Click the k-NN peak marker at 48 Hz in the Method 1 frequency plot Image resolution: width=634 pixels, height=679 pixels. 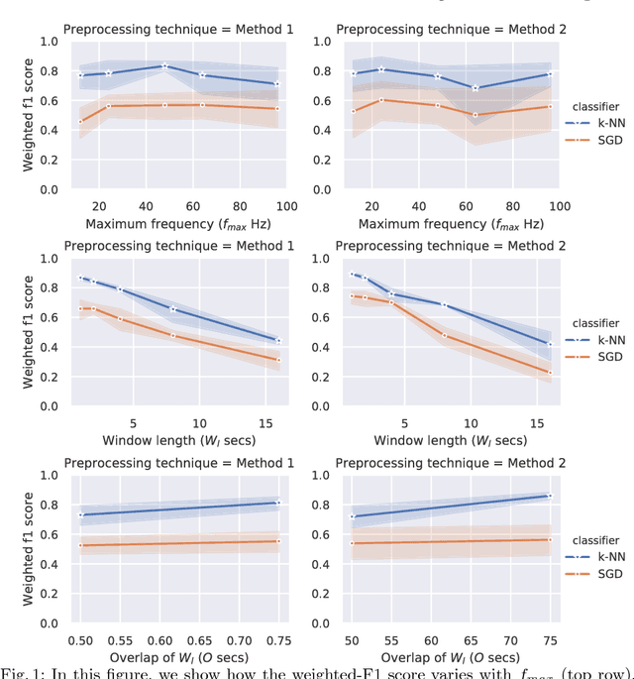coord(165,66)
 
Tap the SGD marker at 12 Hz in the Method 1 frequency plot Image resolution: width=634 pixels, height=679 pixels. coord(81,121)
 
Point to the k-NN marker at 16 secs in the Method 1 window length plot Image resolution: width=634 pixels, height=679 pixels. coord(277,340)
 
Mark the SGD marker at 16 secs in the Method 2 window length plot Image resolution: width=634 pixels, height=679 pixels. coord(550,373)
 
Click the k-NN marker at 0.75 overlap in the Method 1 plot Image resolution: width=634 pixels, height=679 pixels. coord(277,503)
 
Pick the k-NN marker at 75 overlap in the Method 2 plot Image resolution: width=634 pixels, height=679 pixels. coord(550,496)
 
